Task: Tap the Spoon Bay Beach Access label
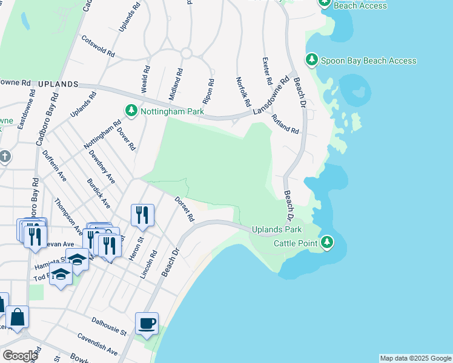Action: coord(368,60)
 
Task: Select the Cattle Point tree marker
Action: coord(327,243)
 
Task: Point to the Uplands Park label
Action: coord(277,230)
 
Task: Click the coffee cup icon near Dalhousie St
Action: coord(147,324)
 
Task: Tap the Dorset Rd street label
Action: coord(184,209)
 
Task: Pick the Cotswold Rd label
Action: coord(98,46)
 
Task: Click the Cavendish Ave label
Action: coord(97,343)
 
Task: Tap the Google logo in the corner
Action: coord(20,355)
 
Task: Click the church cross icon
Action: coord(5,157)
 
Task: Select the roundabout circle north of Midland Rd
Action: coord(186,53)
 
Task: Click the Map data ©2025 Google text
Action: coord(415,358)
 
